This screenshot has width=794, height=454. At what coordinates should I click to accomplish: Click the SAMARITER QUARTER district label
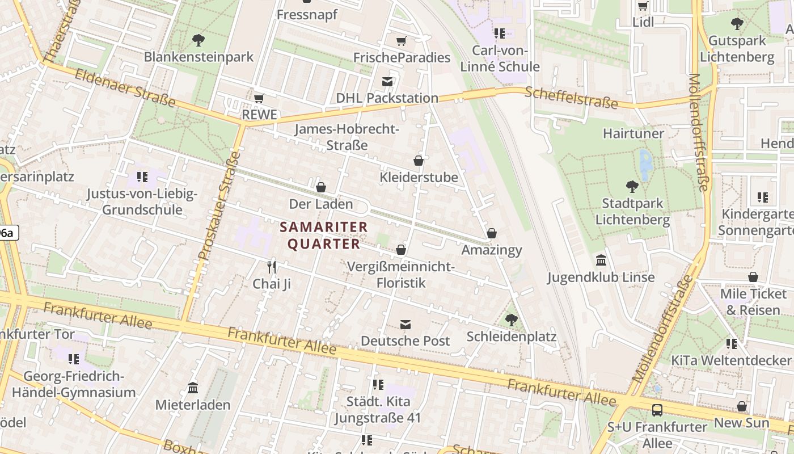[324, 236]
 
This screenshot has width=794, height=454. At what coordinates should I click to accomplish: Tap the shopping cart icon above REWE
[259, 99]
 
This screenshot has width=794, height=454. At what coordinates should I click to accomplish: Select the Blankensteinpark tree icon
[198, 40]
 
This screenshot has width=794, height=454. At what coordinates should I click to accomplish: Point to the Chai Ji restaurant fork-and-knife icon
[272, 267]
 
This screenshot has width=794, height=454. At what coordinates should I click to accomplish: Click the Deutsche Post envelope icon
[406, 325]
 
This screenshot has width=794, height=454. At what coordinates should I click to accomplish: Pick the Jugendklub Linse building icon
[601, 260]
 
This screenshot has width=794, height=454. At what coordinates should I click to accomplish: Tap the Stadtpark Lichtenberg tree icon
[632, 186]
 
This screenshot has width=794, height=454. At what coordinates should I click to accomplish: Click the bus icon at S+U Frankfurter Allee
[657, 410]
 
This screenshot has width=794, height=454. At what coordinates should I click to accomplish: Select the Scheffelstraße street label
[571, 97]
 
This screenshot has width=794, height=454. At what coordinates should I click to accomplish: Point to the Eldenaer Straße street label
[125, 87]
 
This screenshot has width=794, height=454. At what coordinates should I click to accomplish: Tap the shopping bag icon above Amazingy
[492, 233]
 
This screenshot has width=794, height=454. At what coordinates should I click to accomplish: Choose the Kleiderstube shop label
[419, 178]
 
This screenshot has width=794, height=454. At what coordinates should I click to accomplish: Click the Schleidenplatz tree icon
[512, 320]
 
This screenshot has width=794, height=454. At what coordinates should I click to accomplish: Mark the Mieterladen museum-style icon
[193, 388]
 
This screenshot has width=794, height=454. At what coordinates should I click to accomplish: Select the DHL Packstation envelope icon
[387, 82]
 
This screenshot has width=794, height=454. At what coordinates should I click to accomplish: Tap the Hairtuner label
[633, 133]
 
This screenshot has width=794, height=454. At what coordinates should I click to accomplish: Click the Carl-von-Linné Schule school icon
[499, 33]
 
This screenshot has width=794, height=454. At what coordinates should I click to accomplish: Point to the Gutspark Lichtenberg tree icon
[737, 24]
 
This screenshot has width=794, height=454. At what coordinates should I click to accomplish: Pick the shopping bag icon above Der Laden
[321, 187]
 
